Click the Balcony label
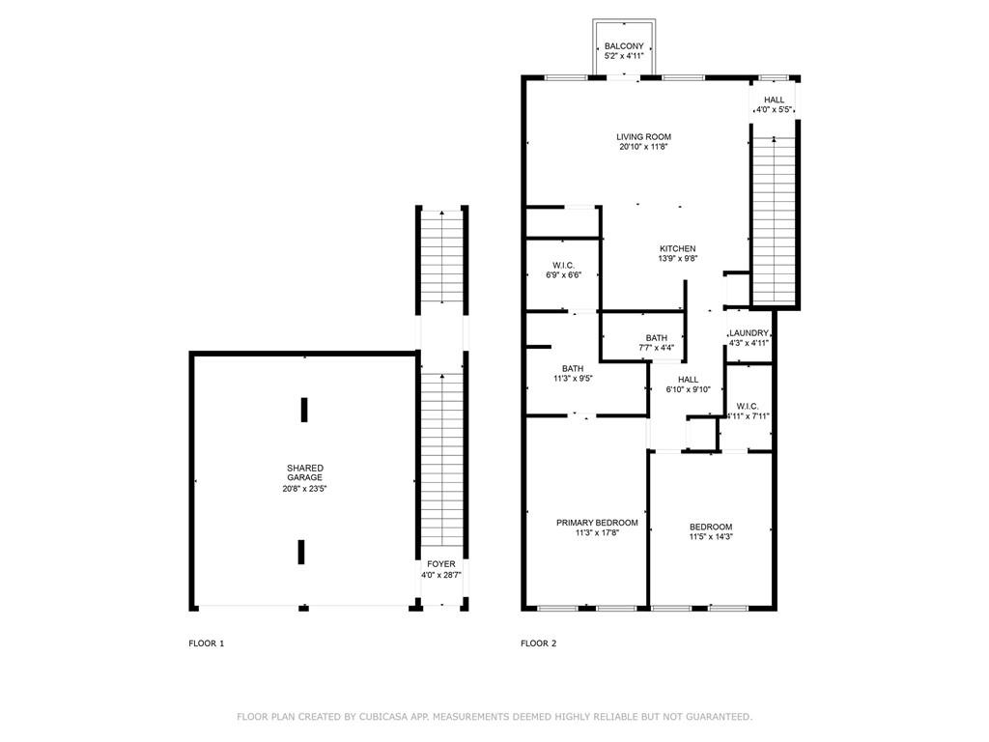(x=624, y=46)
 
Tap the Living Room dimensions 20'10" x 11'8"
(x=643, y=147)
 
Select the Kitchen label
(x=677, y=248)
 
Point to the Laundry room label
(x=749, y=333)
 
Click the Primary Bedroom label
(x=597, y=523)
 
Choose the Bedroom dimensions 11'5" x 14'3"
(x=711, y=537)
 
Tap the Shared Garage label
(x=304, y=472)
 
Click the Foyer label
(x=440, y=564)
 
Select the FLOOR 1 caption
(x=207, y=643)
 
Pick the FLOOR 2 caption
(x=539, y=643)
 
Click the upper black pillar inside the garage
(x=304, y=410)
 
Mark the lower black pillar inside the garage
(x=301, y=552)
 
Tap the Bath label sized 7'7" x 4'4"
(x=656, y=338)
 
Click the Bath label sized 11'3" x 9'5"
(x=573, y=368)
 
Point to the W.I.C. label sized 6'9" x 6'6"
(x=563, y=266)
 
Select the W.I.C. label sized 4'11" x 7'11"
(x=748, y=407)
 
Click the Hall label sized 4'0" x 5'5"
(x=774, y=100)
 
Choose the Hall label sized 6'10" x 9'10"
(x=688, y=380)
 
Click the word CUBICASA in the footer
(x=385, y=717)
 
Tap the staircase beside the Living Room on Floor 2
(x=774, y=219)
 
